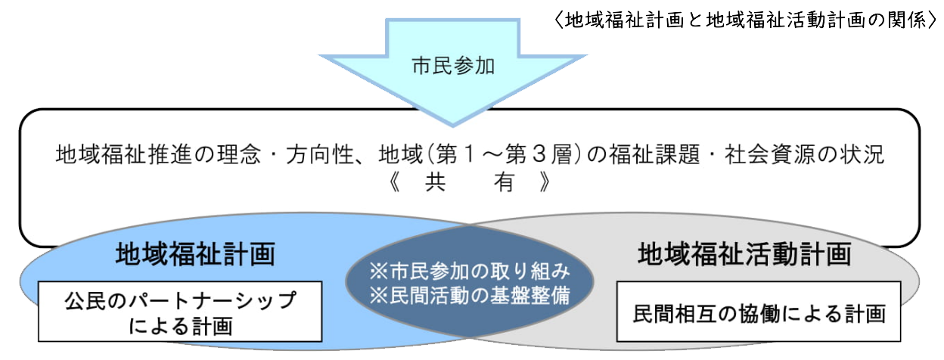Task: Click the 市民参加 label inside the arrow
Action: click(452, 67)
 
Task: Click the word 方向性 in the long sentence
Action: click(322, 156)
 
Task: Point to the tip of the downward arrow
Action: click(452, 123)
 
